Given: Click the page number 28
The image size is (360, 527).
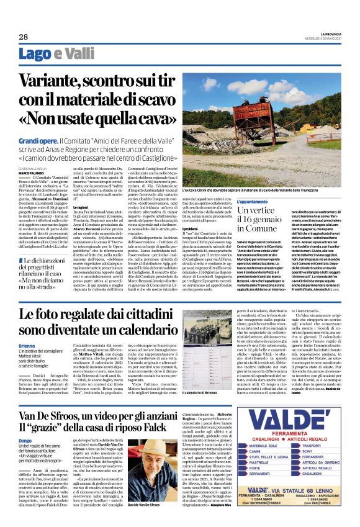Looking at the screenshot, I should click(x=14, y=37).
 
